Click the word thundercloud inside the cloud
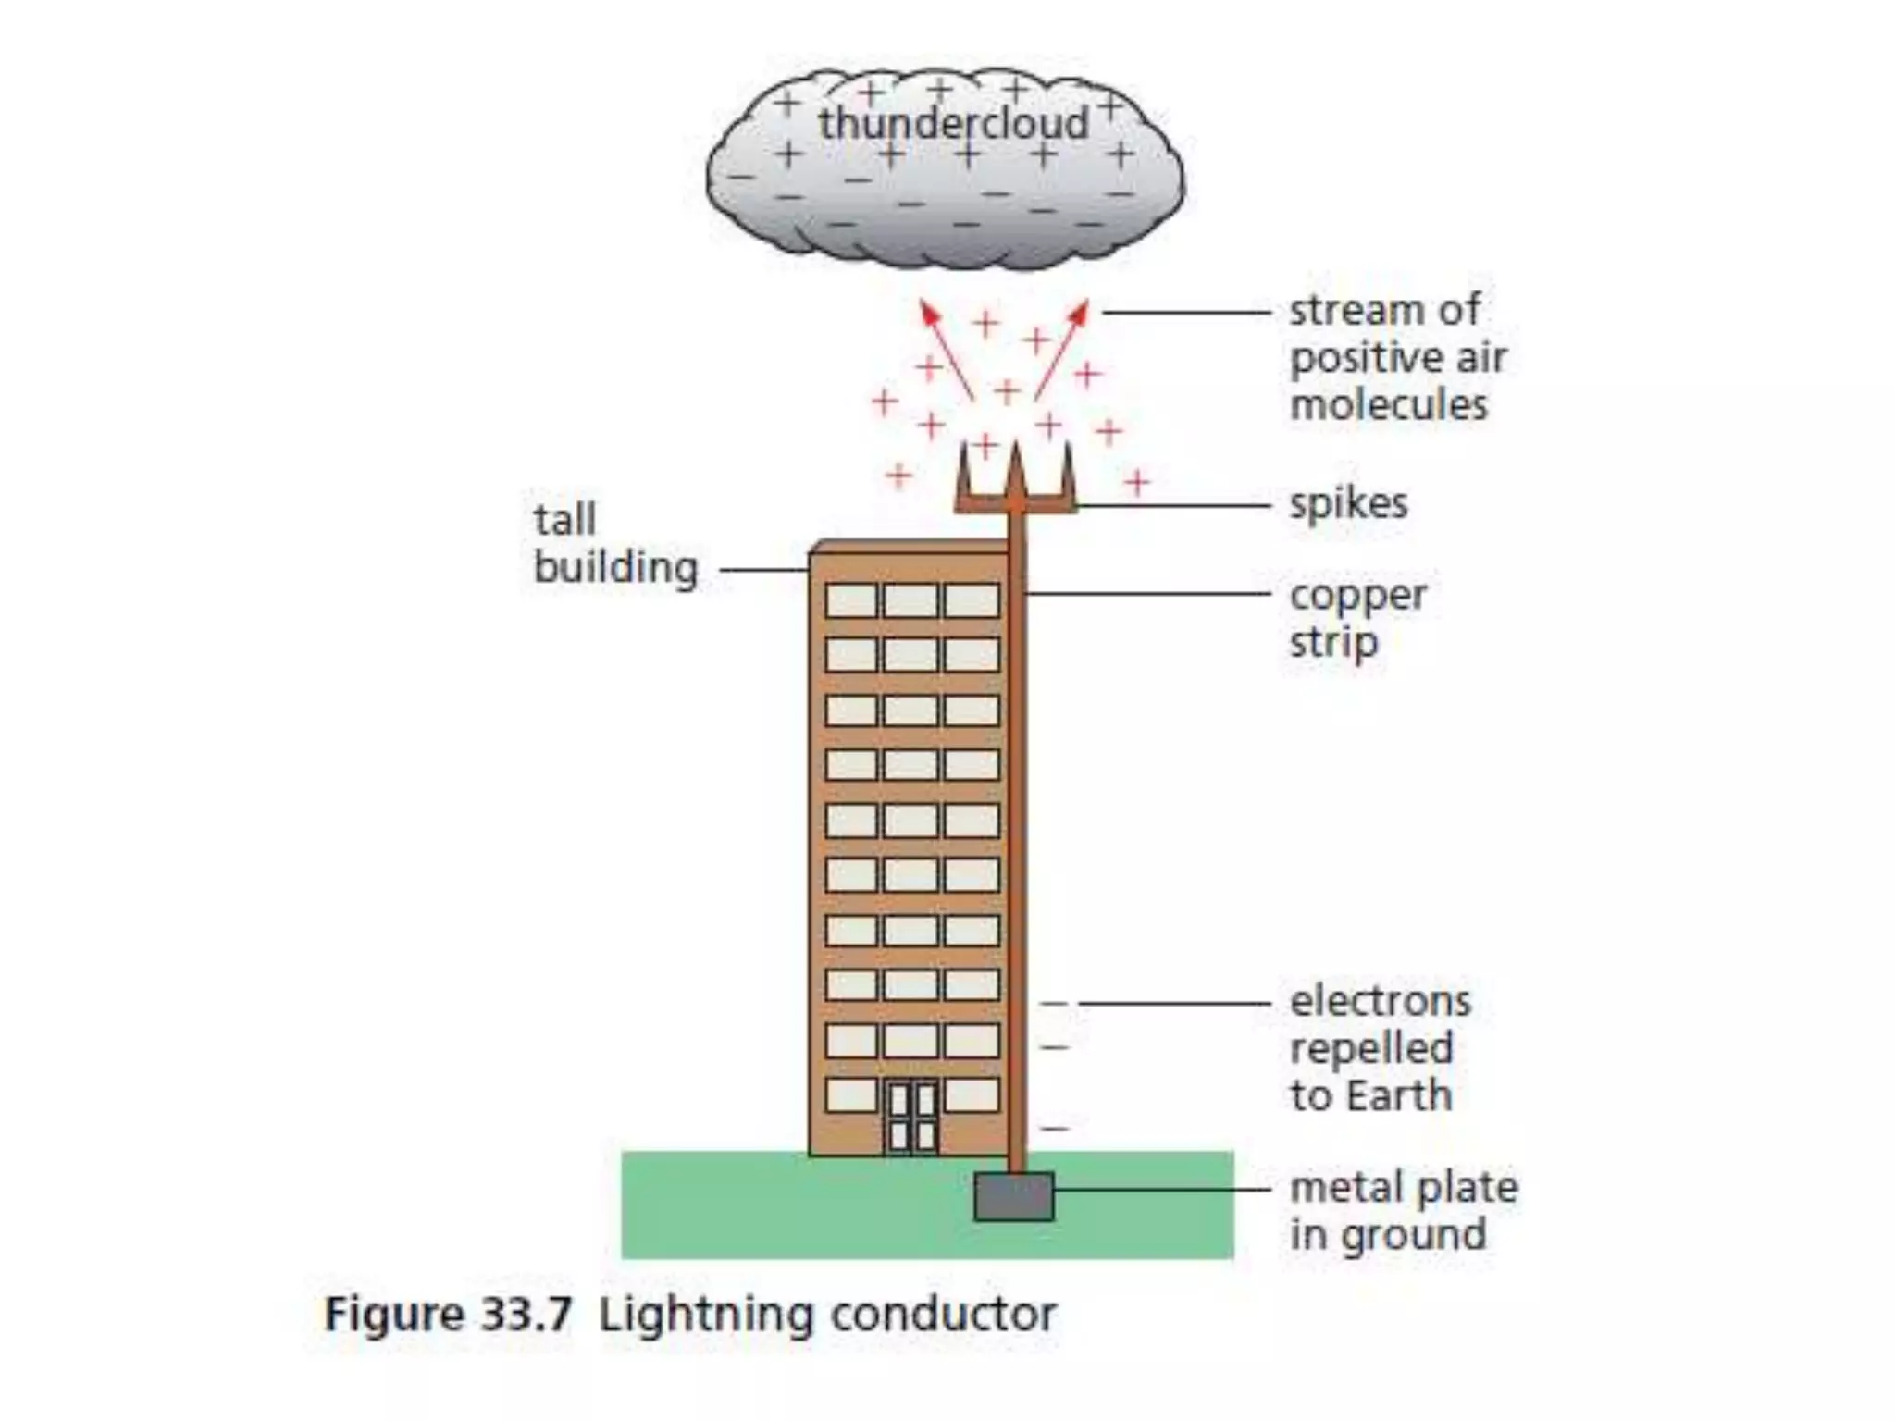click(x=953, y=123)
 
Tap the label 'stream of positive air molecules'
click(x=1397, y=357)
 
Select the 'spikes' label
click(x=1348, y=504)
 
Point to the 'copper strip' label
click(x=1357, y=618)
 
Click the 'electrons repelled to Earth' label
click(x=1380, y=1048)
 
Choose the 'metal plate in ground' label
click(x=1403, y=1210)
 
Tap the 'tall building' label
click(x=614, y=544)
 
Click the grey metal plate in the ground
click(x=1014, y=1196)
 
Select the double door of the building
click(x=912, y=1118)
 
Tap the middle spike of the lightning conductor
click(x=1016, y=472)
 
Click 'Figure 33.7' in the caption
click(x=448, y=1315)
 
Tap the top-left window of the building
click(x=850, y=600)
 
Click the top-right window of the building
click(x=972, y=600)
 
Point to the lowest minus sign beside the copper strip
click(x=1055, y=1128)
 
